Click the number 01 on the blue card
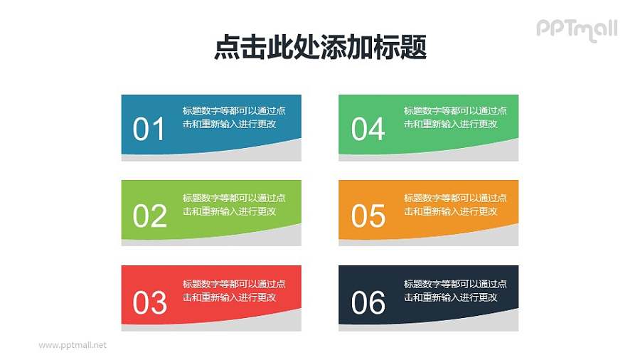(149, 129)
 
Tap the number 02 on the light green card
(149, 216)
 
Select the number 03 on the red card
(149, 302)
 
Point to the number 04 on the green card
(368, 129)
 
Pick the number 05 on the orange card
(368, 216)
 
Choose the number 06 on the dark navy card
(368, 302)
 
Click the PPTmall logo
(576, 29)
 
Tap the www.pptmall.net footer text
(73, 345)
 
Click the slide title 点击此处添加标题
(320, 48)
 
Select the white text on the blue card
(234, 117)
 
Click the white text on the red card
(234, 290)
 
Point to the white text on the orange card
(455, 204)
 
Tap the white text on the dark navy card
(455, 290)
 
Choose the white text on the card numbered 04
(455, 117)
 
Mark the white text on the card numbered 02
(234, 204)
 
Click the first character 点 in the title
(226, 48)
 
